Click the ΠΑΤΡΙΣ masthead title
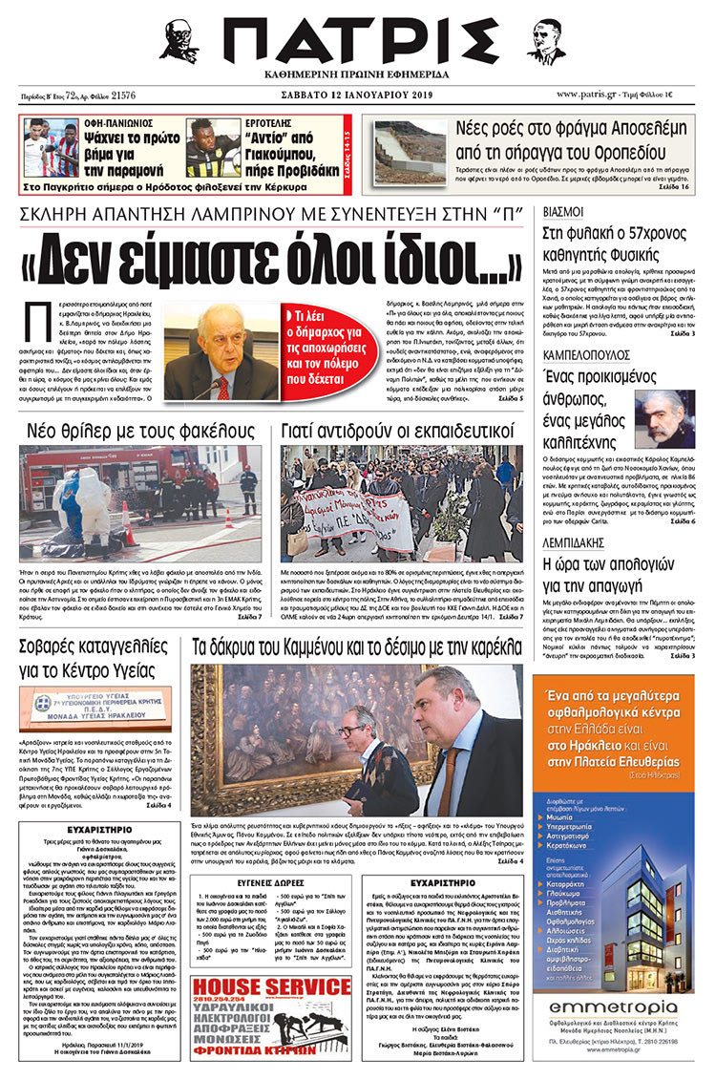click(358, 43)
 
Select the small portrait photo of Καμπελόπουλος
click(664, 416)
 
